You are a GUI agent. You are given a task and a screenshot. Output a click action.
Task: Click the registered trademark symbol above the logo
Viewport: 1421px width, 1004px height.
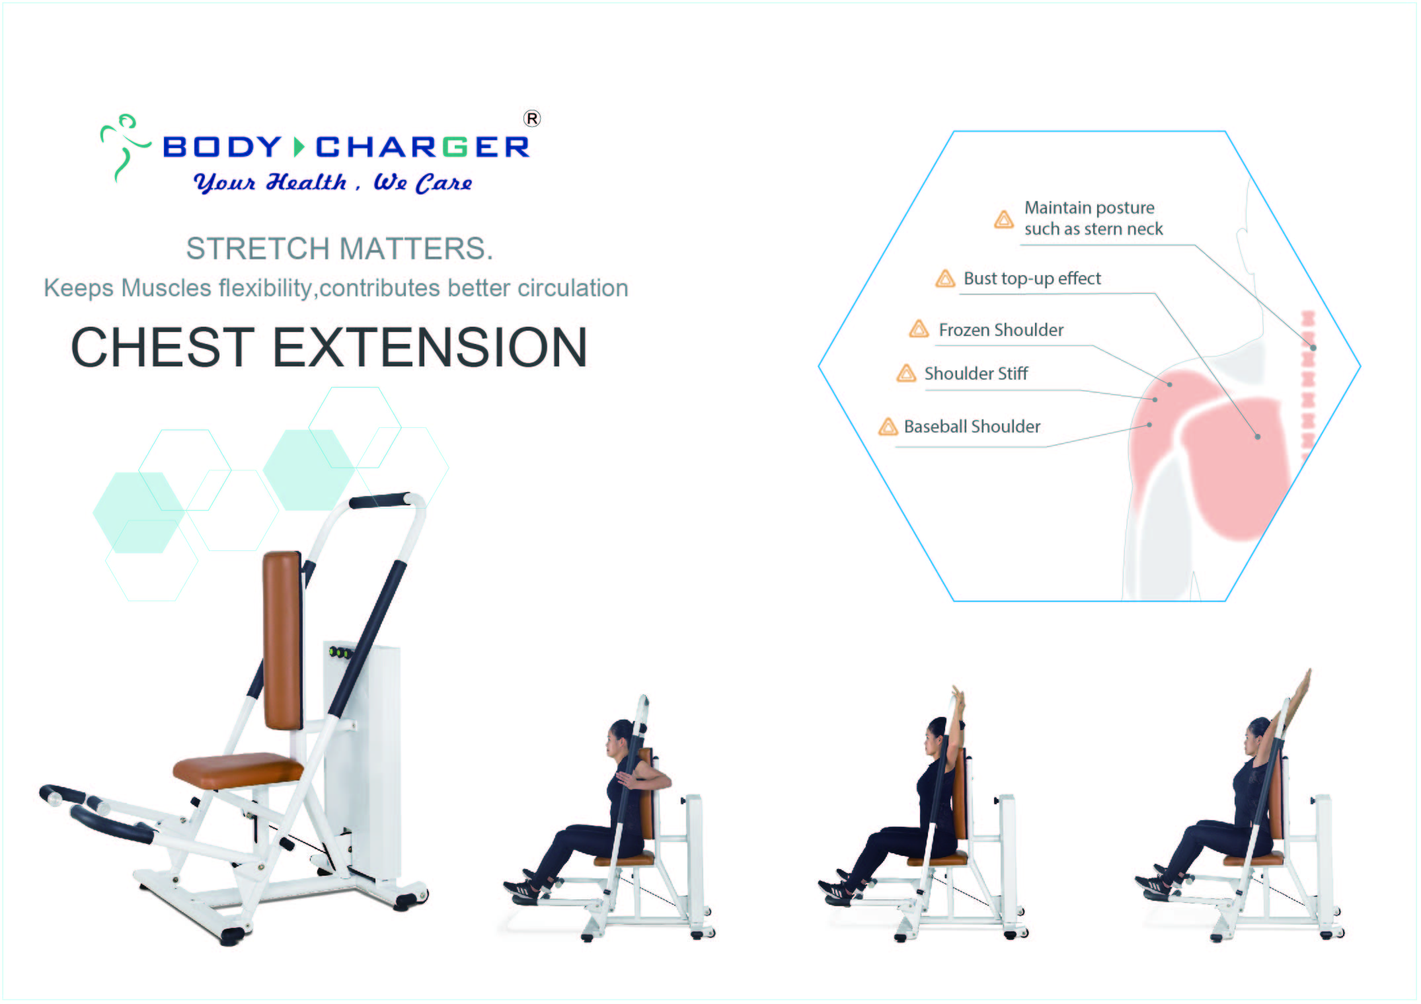pyautogui.click(x=532, y=118)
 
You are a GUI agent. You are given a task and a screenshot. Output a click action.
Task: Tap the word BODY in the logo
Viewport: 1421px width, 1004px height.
pyautogui.click(x=222, y=147)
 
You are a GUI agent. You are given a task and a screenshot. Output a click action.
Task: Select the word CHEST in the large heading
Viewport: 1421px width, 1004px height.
pyautogui.click(x=163, y=347)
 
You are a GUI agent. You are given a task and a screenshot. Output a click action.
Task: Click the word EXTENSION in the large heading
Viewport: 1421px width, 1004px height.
pyautogui.click(x=430, y=347)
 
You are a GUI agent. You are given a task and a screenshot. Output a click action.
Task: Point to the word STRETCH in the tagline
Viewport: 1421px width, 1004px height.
pyautogui.click(x=258, y=249)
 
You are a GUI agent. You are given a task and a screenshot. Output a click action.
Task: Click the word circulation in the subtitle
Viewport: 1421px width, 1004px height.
pyautogui.click(x=572, y=288)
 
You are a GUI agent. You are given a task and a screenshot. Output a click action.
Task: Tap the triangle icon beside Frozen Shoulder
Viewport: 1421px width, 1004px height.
pyautogui.click(x=919, y=329)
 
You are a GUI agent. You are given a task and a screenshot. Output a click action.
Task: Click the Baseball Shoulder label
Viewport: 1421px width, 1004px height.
pyautogui.click(x=972, y=427)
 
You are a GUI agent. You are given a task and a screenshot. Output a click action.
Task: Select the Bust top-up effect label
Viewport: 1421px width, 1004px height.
pyautogui.click(x=1032, y=278)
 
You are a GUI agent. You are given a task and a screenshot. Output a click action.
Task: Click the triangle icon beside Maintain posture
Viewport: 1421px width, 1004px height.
pyautogui.click(x=1003, y=219)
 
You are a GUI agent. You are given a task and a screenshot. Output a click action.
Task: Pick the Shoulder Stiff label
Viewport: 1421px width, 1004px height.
pyautogui.click(x=976, y=374)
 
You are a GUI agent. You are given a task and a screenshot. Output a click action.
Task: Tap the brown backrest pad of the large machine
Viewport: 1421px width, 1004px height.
pyautogui.click(x=283, y=640)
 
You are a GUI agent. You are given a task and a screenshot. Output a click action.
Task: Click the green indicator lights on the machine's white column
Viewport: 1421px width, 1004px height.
pyautogui.click(x=340, y=653)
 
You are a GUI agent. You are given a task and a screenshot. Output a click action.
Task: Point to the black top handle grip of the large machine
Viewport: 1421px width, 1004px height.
pyautogui.click(x=380, y=501)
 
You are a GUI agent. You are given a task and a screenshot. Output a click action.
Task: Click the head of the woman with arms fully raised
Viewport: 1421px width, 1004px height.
pyautogui.click(x=1256, y=735)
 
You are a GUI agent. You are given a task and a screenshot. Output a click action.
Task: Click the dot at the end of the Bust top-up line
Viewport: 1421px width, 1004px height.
pyautogui.click(x=1258, y=437)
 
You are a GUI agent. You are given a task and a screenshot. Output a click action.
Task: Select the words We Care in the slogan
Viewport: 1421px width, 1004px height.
pyautogui.click(x=423, y=183)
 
